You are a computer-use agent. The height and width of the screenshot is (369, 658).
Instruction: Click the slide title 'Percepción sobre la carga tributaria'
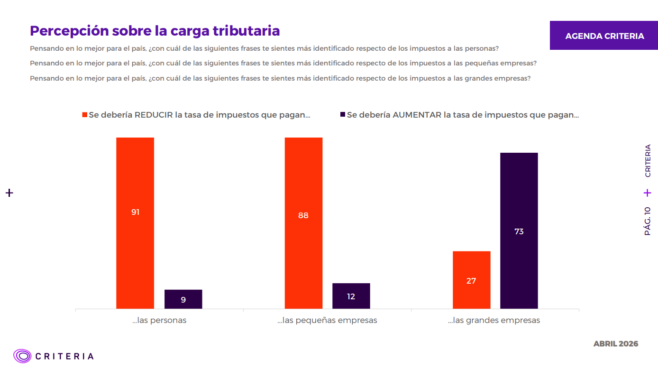pyautogui.click(x=155, y=31)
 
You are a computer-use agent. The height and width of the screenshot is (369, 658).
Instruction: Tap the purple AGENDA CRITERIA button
pyautogui.click(x=604, y=36)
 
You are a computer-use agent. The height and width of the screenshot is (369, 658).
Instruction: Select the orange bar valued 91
pyautogui.click(x=135, y=223)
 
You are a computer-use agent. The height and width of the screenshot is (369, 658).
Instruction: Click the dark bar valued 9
pyautogui.click(x=183, y=299)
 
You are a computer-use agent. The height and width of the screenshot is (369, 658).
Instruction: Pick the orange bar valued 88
pyautogui.click(x=303, y=223)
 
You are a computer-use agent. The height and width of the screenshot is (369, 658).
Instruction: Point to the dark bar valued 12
pyautogui.click(x=351, y=296)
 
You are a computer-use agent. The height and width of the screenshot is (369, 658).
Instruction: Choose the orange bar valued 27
pyautogui.click(x=471, y=280)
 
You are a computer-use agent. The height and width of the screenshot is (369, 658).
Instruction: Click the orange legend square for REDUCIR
pyautogui.click(x=85, y=115)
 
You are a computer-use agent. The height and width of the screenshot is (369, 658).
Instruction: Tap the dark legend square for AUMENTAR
pyautogui.click(x=343, y=115)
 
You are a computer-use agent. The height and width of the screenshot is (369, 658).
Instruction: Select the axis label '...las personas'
pyautogui.click(x=159, y=320)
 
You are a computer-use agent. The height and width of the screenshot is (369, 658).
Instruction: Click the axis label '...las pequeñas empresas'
pyautogui.click(x=327, y=320)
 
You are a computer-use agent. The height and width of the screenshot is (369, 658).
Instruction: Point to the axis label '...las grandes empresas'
pyautogui.click(x=494, y=320)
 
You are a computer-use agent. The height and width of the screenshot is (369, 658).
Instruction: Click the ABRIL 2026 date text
pyautogui.click(x=616, y=343)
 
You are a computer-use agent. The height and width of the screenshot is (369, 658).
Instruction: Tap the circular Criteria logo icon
pyautogui.click(x=22, y=356)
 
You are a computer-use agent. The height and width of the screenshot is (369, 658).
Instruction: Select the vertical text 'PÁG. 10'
pyautogui.click(x=648, y=221)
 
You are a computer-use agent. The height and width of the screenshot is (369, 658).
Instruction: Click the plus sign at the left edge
pyautogui.click(x=9, y=193)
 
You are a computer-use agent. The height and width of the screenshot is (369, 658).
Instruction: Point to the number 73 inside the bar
pyautogui.click(x=519, y=231)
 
